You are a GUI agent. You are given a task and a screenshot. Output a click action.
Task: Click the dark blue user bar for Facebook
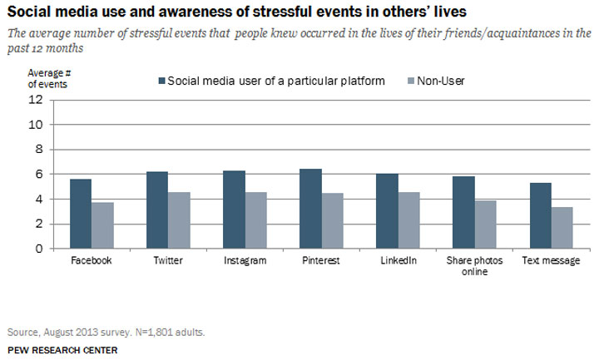[81, 214]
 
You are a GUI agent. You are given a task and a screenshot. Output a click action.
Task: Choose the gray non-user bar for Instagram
[255, 220]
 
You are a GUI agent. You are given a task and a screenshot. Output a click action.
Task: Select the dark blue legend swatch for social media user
[161, 81]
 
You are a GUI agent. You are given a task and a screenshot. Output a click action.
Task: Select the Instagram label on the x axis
[245, 260]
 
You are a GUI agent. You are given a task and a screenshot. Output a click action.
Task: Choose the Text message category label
[551, 260]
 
